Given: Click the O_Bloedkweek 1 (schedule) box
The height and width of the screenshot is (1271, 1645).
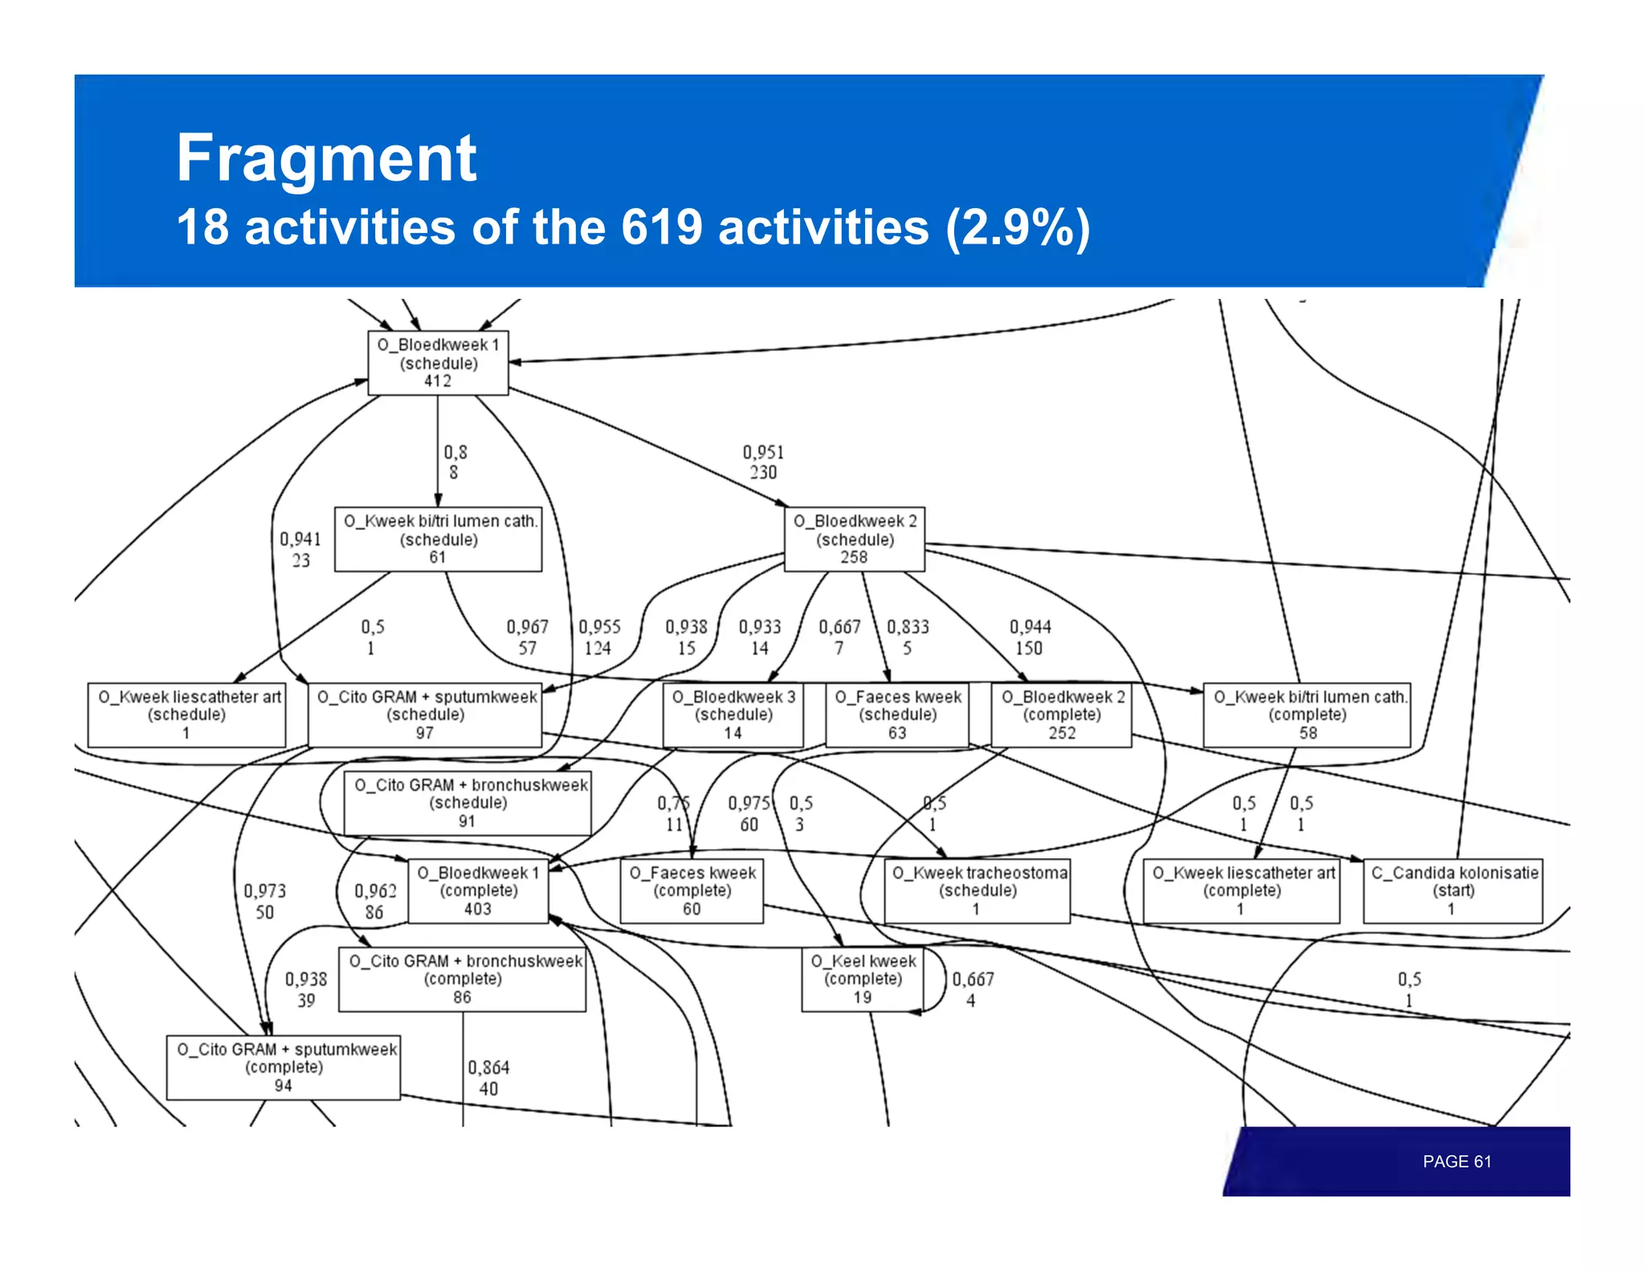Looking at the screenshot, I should [438, 363].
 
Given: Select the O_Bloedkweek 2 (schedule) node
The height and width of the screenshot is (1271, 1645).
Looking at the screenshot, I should [854, 539].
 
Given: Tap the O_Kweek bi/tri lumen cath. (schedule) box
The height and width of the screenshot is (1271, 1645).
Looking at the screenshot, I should [438, 539].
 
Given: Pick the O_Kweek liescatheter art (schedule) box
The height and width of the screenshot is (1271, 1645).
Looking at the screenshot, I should [186, 715].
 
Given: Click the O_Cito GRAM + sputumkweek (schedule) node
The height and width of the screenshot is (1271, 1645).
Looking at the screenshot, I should [425, 715].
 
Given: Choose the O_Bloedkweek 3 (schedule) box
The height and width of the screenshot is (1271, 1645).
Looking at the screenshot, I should [733, 715].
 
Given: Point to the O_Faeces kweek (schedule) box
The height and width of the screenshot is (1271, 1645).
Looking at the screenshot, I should [897, 715].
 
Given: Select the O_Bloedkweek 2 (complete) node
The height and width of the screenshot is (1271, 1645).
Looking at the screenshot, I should [1061, 715].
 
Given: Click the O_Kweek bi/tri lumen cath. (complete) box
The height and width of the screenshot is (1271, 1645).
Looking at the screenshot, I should [1307, 715].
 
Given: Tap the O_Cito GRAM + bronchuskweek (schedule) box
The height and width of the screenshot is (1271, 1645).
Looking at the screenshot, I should [467, 803].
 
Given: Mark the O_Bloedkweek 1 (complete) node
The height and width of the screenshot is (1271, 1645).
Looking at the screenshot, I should [478, 891].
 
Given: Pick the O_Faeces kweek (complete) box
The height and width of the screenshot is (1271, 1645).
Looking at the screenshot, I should [692, 891].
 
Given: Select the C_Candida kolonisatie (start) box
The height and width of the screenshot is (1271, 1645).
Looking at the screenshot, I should [1453, 891].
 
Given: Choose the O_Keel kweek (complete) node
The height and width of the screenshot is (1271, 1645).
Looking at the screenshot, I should [863, 979].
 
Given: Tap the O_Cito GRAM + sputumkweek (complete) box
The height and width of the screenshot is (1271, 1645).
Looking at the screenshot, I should [284, 1068].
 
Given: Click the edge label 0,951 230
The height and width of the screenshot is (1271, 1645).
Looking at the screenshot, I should [763, 463].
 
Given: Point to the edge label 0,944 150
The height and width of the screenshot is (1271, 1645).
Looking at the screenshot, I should [1030, 638].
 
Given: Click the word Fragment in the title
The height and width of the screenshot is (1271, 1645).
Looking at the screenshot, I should [326, 158].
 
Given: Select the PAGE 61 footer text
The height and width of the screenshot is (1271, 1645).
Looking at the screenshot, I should [1456, 1162].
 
